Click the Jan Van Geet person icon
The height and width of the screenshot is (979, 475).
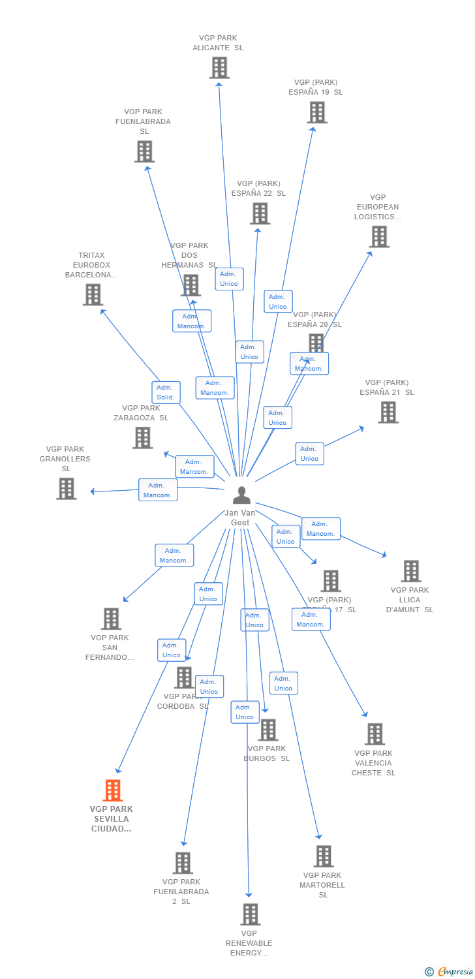pos(241,496)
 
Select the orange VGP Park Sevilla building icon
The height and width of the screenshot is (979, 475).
pos(113,790)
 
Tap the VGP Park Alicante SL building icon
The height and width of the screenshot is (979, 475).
pos(219,67)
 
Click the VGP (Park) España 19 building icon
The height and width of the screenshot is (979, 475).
pos(317,112)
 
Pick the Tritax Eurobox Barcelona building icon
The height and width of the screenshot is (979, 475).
pos(93,294)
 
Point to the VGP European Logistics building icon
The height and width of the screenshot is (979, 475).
pos(379,236)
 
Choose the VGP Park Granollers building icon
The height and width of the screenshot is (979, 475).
pos(66,488)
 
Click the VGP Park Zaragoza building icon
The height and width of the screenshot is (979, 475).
pos(142,437)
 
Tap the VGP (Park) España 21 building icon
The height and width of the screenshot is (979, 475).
pos(388,412)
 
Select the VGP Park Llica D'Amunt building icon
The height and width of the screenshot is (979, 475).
pos(411,570)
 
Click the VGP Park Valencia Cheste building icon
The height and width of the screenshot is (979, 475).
pos(375,734)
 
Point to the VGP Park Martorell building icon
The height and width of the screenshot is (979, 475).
pos(323,856)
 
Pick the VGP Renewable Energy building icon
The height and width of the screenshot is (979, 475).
pos(250,914)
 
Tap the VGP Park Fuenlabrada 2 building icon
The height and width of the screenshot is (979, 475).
pos(183,862)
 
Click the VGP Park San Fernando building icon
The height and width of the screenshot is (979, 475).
pos(111,618)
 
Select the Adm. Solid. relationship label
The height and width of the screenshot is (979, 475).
pos(166,392)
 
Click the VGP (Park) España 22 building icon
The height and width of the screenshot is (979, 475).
pos(260,213)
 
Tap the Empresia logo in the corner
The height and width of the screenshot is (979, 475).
pos(450,972)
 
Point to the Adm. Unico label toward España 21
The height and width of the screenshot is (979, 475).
pos(309,454)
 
